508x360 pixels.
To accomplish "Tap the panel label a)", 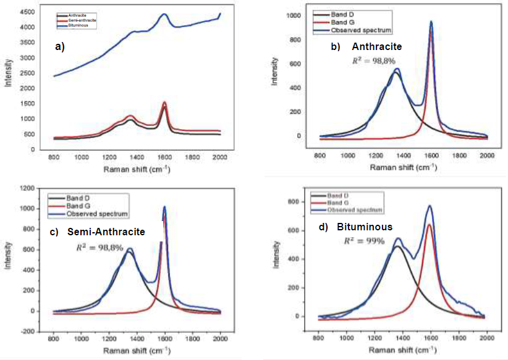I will [60, 46].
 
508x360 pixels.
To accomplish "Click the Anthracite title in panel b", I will [377, 46].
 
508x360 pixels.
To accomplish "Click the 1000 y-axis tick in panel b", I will [296, 15].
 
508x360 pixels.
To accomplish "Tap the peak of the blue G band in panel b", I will [431, 22].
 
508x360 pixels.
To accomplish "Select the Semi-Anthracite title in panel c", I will [106, 232].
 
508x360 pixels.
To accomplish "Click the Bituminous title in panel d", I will [365, 227].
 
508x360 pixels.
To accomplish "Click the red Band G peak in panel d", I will [428, 225].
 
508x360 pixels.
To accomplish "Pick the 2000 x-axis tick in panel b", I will [487, 154].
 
